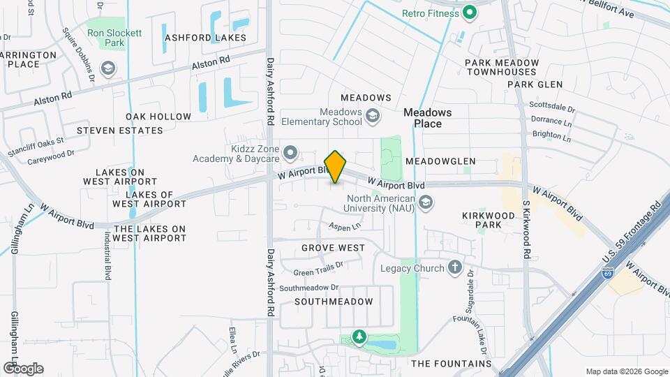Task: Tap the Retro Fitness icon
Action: [470, 12]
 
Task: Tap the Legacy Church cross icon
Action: [455, 267]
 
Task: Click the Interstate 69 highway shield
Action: [609, 272]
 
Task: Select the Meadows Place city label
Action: [428, 117]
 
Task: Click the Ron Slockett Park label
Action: [105, 38]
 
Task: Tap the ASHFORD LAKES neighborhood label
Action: [195, 37]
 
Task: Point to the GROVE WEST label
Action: [333, 248]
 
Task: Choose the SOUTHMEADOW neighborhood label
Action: [334, 302]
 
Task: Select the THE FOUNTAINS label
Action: [451, 364]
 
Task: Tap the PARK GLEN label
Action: [535, 84]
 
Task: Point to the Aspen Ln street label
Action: [345, 226]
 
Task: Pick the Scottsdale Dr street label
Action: [551, 110]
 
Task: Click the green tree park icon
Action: [359, 338]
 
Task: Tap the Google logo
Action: [23, 369]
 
